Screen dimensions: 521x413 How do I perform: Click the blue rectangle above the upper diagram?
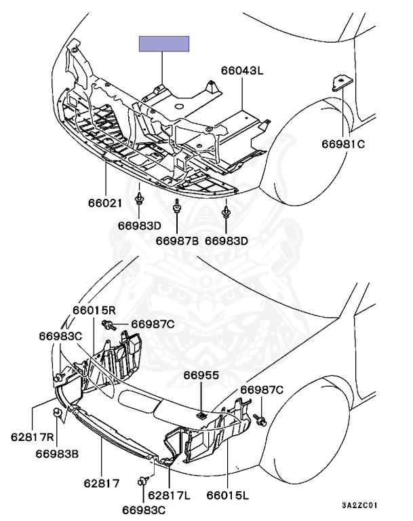tap(163, 44)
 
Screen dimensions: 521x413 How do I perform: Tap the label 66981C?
tap(343, 143)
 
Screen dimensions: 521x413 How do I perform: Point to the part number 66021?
tap(105, 202)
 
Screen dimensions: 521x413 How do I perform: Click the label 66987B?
tap(177, 240)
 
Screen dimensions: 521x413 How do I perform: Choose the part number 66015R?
tap(95, 310)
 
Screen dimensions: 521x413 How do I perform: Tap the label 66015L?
tap(228, 496)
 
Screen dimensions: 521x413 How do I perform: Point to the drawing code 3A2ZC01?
tap(359, 505)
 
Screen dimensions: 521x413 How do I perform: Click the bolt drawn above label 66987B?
tap(177, 208)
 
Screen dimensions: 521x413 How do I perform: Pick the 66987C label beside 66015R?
tap(153, 324)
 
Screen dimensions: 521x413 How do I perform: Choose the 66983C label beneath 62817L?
tap(144, 508)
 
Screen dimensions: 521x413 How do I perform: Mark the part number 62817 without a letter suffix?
tap(102, 484)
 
